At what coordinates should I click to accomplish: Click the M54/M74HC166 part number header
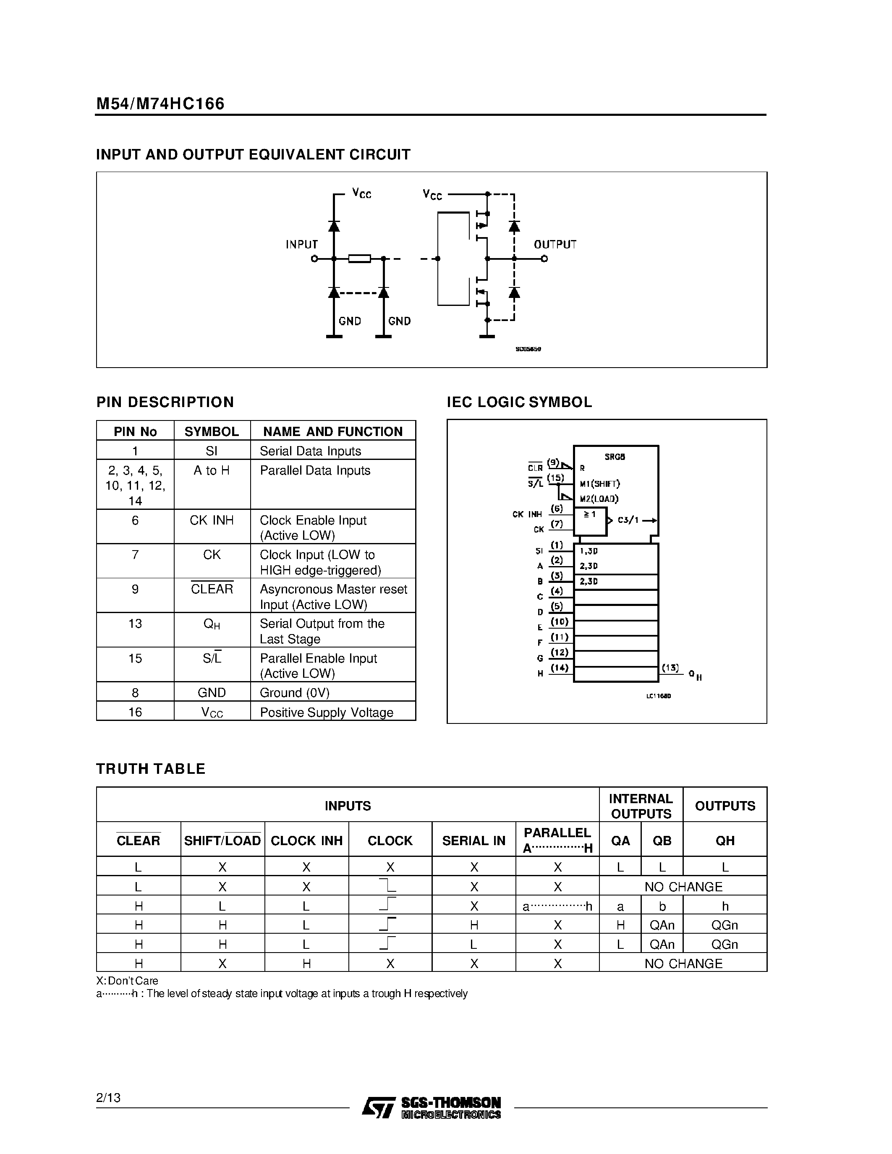coord(160,104)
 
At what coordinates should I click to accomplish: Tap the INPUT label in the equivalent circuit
coord(302,245)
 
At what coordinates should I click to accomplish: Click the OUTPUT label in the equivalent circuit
coord(555,245)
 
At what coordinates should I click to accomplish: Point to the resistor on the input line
coord(359,258)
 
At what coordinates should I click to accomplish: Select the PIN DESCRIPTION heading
coord(165,402)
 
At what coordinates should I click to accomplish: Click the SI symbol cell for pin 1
coord(212,451)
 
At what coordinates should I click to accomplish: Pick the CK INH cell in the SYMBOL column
coord(212,520)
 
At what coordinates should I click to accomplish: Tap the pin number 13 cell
coord(135,624)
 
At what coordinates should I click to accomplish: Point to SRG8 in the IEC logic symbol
coord(615,457)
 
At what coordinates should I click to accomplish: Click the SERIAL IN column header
coord(473,840)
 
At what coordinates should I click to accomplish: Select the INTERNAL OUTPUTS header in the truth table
coord(641,806)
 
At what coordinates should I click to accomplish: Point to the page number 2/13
coord(108,1098)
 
